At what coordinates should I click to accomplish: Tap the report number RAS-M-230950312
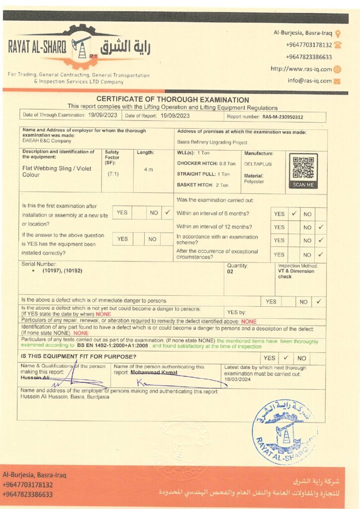(x=283, y=117)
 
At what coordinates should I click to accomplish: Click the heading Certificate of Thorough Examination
(x=173, y=99)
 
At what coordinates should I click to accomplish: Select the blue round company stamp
(x=284, y=425)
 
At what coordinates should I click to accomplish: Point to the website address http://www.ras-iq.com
(x=301, y=69)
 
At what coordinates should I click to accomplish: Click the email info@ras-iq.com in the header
(x=309, y=81)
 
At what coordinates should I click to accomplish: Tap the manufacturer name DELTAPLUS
(x=258, y=164)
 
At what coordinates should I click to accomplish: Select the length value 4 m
(x=148, y=170)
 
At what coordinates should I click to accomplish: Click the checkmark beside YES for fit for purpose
(x=286, y=358)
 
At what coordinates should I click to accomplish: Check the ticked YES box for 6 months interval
(x=294, y=214)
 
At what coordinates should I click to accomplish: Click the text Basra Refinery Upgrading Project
(x=212, y=142)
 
